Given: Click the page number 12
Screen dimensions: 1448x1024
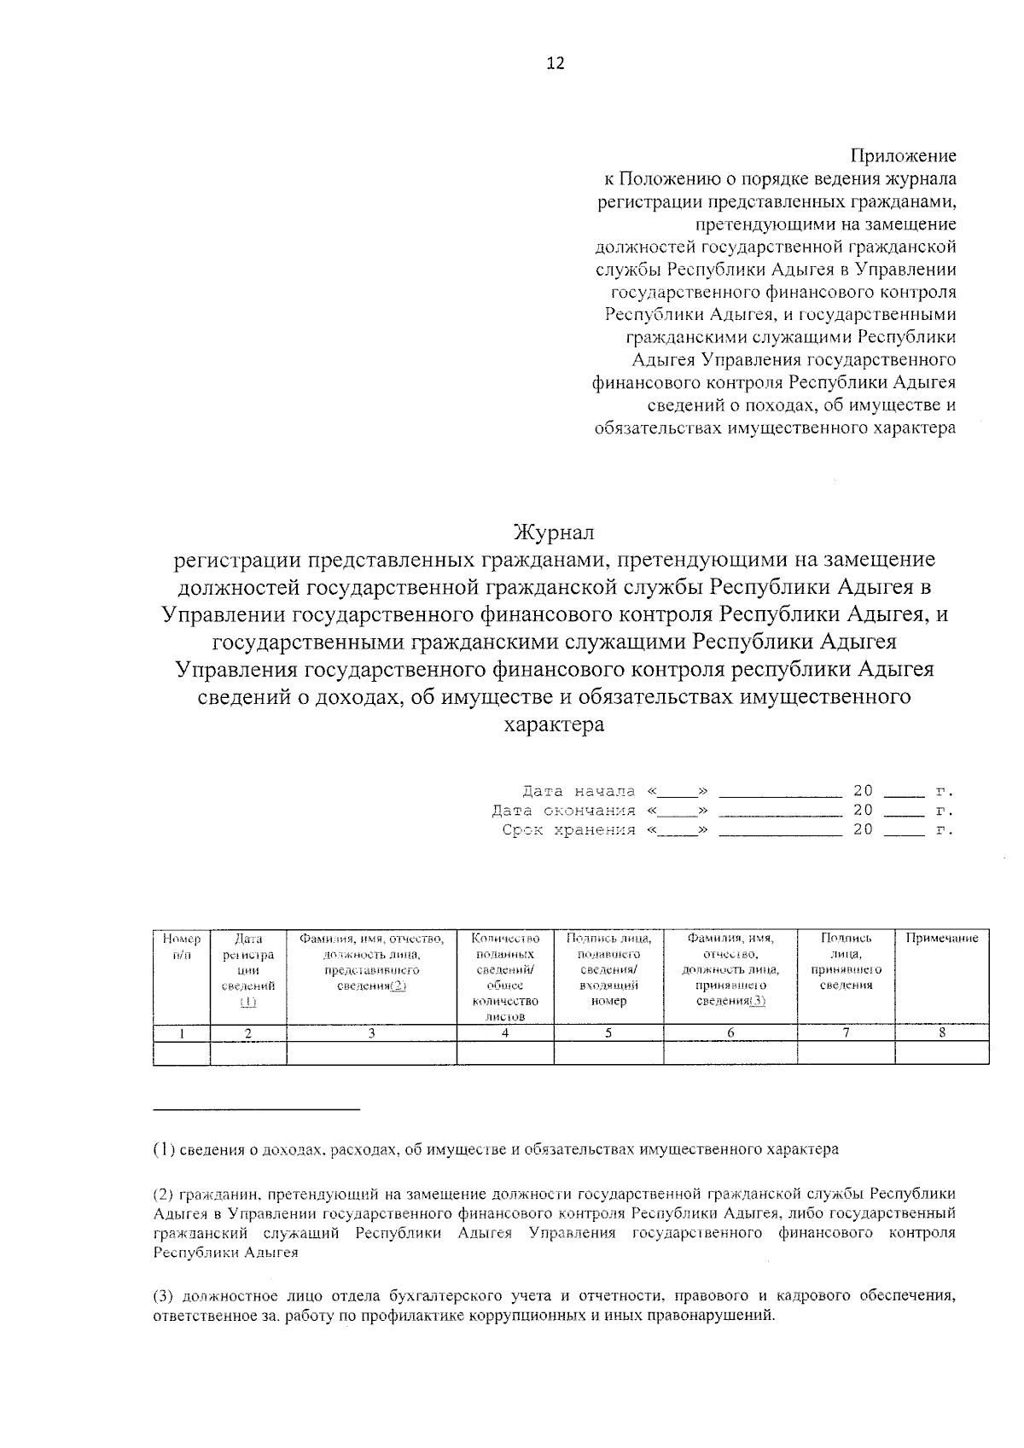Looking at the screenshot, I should [555, 63].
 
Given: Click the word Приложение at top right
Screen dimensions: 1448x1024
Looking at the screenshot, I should [903, 156].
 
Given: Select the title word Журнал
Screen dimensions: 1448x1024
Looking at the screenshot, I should [554, 533].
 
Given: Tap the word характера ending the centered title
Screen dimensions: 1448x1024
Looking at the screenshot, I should [554, 725].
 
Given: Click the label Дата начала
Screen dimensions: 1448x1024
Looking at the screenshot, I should [579, 791].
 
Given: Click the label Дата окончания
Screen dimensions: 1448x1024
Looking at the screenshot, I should [563, 811].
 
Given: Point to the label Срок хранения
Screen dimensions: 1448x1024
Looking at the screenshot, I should [568, 830].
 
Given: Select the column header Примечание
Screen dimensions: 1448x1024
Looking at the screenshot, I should [941, 939].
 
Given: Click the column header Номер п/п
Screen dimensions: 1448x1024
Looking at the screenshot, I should [182, 946].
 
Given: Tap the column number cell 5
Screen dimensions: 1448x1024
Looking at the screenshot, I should [608, 1033].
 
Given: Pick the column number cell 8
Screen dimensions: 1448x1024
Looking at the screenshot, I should [941, 1033].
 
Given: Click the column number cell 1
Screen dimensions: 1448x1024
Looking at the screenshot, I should [182, 1033].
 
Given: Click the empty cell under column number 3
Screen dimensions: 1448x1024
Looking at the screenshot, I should [371, 1053].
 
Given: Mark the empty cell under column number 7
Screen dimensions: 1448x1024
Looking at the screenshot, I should [846, 1053].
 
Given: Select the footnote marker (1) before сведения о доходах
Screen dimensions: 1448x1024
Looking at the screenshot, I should [164, 1149].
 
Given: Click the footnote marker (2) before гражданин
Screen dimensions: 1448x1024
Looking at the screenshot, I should [164, 1194].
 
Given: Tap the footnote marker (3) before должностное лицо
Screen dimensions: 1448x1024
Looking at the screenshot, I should [164, 1296].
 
